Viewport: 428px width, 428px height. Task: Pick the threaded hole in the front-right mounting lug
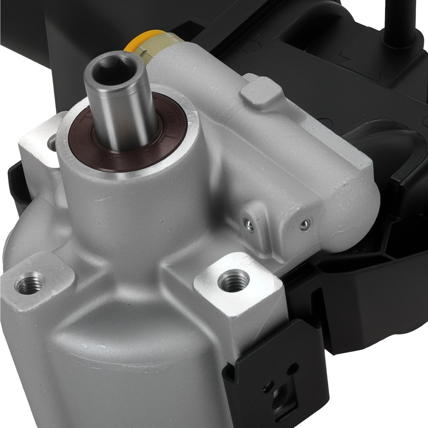(x=233, y=281)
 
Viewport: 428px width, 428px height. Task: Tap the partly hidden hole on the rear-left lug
(x=52, y=143)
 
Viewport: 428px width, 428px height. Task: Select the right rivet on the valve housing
(x=305, y=224)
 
